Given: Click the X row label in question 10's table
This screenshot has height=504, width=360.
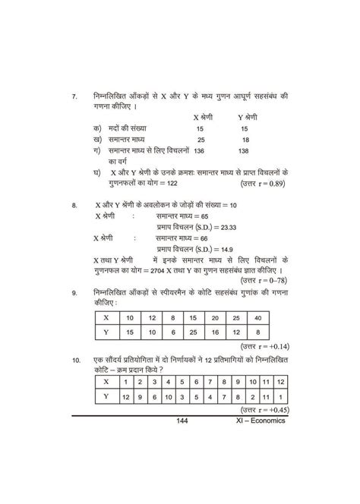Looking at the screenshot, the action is pyautogui.click(x=107, y=381).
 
